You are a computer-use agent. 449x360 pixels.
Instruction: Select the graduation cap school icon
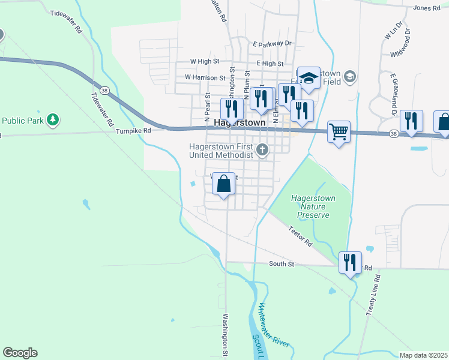(x=309, y=77)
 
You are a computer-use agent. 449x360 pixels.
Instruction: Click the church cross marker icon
(x=262, y=150)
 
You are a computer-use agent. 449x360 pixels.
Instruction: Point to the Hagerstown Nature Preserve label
(x=312, y=206)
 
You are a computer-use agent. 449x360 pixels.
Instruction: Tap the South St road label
(x=282, y=263)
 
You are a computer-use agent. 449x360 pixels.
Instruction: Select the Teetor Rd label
(x=300, y=235)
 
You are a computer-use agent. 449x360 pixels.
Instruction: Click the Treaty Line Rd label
(x=373, y=295)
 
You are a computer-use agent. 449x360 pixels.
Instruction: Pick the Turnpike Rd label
(x=133, y=130)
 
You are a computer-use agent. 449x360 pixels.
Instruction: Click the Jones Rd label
(x=427, y=8)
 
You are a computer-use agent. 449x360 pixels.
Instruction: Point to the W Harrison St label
(x=205, y=77)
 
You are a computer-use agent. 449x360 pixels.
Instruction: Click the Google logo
(x=20, y=353)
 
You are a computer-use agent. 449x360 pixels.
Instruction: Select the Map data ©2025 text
(x=423, y=355)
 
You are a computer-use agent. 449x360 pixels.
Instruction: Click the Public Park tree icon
(x=53, y=119)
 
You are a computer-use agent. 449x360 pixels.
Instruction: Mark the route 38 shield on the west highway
(x=104, y=91)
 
